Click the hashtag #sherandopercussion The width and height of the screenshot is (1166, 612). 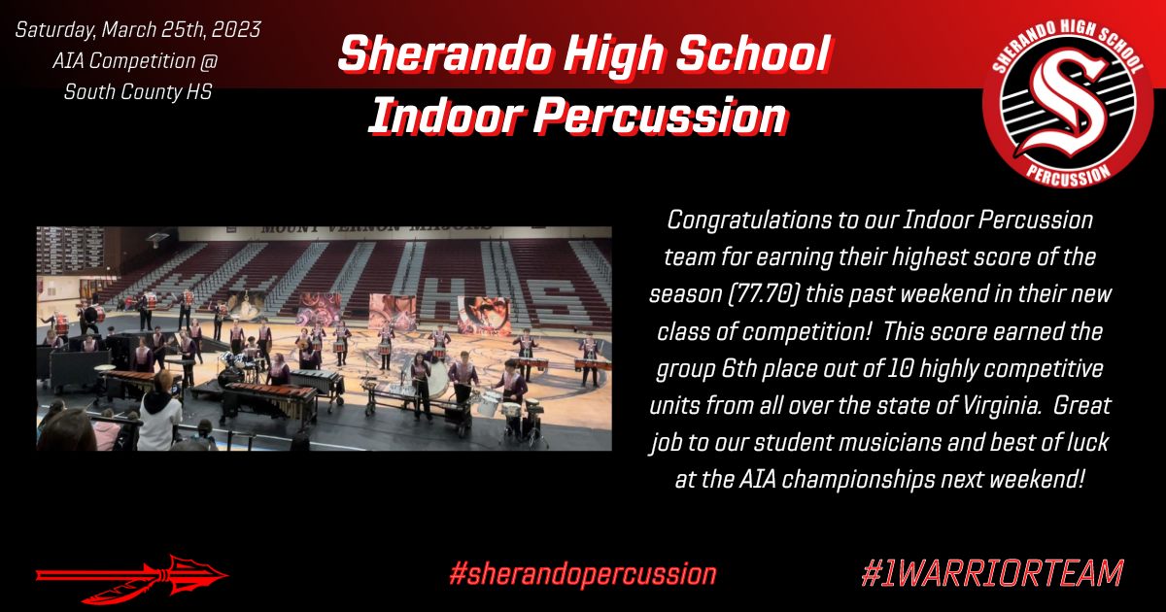(x=582, y=574)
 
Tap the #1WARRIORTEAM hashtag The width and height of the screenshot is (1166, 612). (x=992, y=573)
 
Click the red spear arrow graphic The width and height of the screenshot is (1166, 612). (x=132, y=578)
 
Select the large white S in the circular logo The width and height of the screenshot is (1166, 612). (x=1067, y=106)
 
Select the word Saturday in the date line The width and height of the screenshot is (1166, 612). (x=54, y=31)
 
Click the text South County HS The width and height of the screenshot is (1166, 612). (x=137, y=92)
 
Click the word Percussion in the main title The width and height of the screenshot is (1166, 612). (x=660, y=116)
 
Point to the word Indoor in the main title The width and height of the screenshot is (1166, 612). (x=445, y=116)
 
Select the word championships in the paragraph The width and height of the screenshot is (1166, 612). (x=858, y=479)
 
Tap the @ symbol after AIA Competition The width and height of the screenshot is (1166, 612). (x=207, y=61)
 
